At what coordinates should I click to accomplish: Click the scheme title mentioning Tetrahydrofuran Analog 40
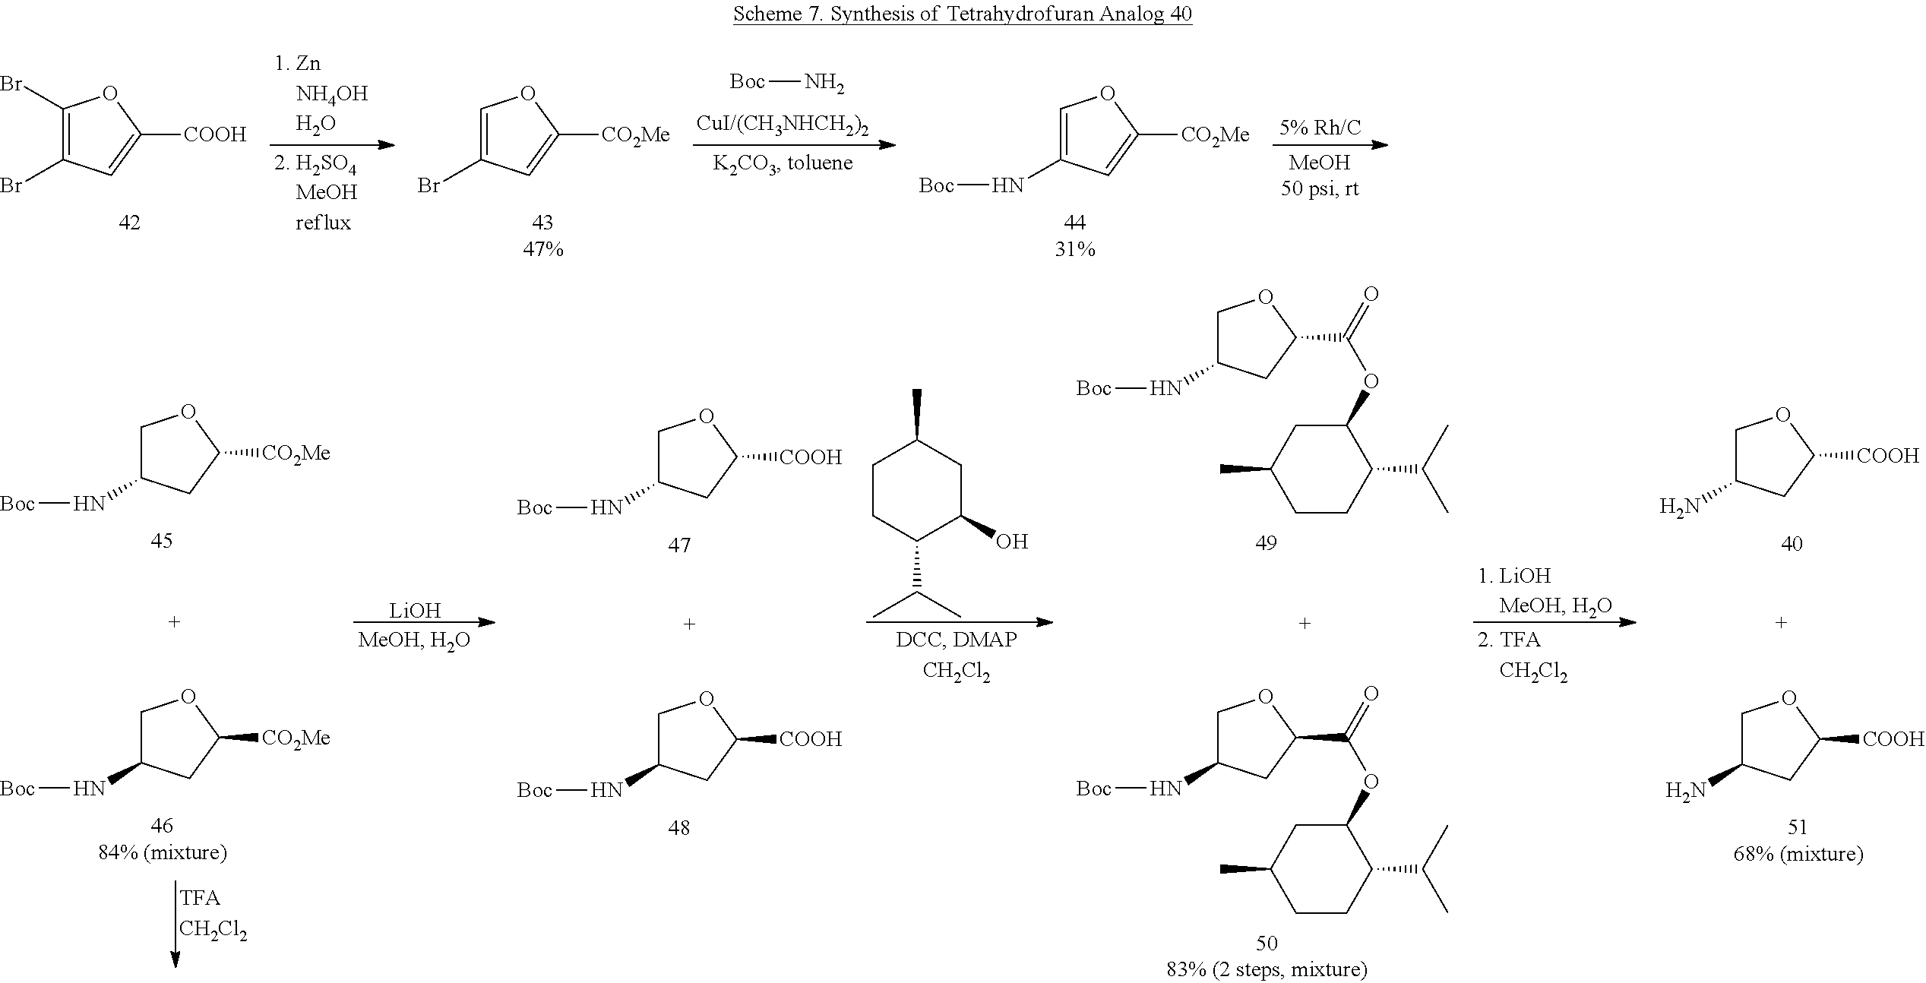pos(962,14)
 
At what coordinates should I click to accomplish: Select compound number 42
pos(129,223)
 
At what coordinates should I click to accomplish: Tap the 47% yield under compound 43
pos(542,249)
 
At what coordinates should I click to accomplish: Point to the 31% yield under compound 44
pos(1075,249)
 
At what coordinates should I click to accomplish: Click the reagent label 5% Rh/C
pos(1320,128)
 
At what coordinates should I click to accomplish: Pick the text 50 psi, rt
pos(1320,189)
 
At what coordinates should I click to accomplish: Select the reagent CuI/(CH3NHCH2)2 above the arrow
pos(783,125)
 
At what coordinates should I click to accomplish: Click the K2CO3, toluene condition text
pos(783,163)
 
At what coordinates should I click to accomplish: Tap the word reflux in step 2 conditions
pos(323,223)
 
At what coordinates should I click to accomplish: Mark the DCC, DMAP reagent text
pos(956,640)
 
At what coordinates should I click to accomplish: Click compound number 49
pos(1266,542)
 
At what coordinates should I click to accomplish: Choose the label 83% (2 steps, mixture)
pos(1267,969)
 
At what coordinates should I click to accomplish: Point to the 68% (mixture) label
pos(1798,854)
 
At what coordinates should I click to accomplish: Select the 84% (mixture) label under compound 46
pos(163,852)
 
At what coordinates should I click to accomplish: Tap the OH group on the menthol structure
pos(1011,541)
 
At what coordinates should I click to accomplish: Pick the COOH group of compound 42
pos(215,134)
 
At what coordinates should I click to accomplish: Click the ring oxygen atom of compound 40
pos(1783,415)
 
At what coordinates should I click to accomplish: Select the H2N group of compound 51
pos(1685,791)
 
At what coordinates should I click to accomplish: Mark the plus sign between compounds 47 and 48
pos(689,624)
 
